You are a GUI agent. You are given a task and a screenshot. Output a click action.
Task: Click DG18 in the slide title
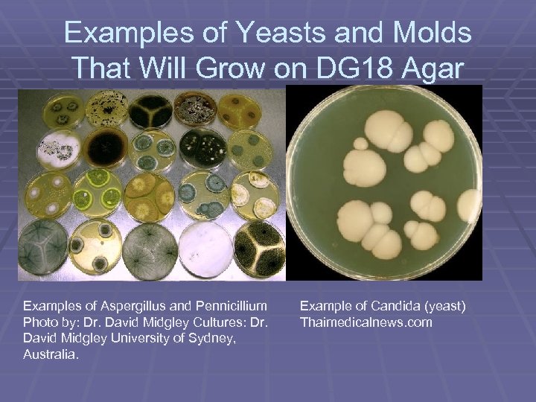371,68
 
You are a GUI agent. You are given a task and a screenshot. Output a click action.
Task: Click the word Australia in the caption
49,355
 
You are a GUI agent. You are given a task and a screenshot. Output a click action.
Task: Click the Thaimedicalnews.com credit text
366,322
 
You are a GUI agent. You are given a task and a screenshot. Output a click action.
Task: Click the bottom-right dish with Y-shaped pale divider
259,249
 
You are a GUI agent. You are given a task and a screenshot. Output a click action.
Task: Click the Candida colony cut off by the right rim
471,205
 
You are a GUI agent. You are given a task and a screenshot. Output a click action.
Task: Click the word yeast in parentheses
445,306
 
